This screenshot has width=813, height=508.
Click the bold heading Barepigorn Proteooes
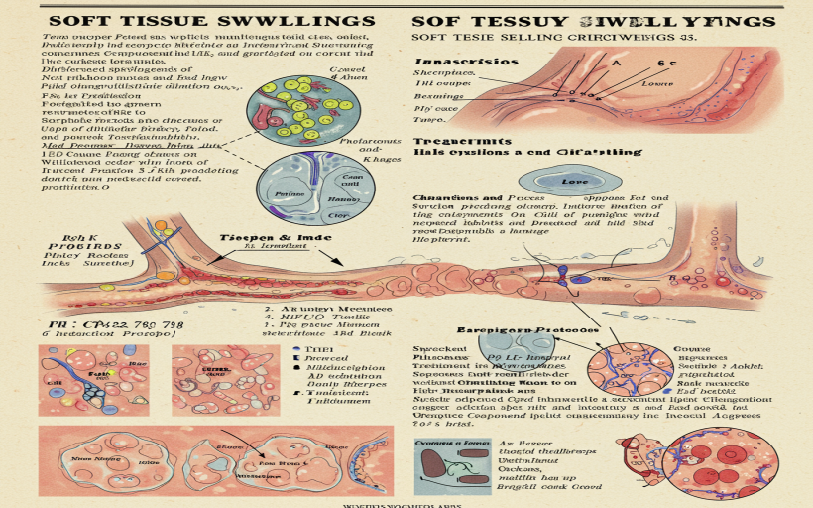click(526, 329)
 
